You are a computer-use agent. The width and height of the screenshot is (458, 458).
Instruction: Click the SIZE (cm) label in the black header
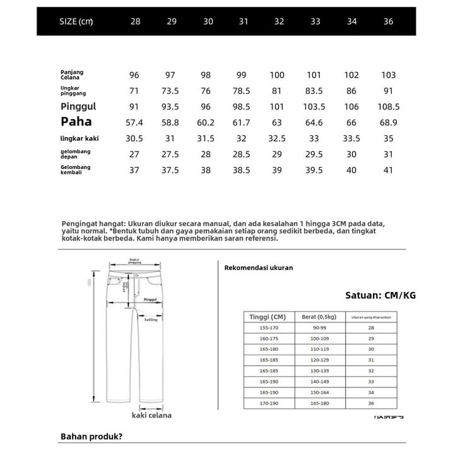click(76, 21)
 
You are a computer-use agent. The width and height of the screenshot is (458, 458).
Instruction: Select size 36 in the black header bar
click(388, 21)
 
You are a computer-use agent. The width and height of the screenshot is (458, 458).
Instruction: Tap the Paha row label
click(76, 121)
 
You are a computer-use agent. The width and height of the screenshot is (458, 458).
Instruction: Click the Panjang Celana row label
click(73, 75)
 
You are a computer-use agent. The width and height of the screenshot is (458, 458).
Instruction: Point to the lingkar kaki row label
click(80, 138)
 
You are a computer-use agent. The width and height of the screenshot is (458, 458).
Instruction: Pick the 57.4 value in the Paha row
click(135, 122)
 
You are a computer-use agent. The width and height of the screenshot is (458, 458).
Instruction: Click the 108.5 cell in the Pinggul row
click(388, 107)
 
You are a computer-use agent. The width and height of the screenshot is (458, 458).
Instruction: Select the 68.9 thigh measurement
click(388, 122)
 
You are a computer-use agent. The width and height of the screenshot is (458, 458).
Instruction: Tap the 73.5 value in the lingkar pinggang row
click(171, 91)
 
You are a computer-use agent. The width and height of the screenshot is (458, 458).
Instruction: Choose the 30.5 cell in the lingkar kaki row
click(135, 138)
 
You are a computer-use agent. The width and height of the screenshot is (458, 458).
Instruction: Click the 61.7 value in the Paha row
click(242, 122)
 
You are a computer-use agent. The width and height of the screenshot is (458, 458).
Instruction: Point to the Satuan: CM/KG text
click(380, 295)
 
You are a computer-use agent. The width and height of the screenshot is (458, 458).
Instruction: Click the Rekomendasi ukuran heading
click(259, 267)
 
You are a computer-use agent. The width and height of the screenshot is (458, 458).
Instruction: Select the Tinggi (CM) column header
click(269, 317)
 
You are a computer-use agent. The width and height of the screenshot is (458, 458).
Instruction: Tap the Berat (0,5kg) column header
click(319, 317)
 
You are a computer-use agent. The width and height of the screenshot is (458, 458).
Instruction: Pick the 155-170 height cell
click(269, 328)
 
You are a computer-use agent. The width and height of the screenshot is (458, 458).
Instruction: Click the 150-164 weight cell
click(319, 392)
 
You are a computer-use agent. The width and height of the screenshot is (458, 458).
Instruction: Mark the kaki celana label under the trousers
click(151, 415)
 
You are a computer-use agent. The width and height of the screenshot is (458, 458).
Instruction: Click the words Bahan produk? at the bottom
click(91, 437)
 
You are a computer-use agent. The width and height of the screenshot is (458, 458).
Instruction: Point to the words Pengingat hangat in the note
click(93, 223)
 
